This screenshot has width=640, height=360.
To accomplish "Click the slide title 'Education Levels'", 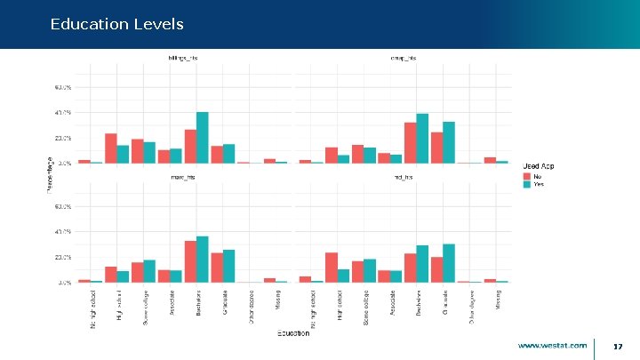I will click(117, 24).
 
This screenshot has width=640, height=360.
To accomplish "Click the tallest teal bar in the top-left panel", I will click(203, 138).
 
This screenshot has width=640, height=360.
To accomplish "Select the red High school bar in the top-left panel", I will click(111, 148).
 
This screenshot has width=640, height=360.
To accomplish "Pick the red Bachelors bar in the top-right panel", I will click(410, 143).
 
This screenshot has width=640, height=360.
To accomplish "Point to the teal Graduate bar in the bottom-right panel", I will click(449, 263).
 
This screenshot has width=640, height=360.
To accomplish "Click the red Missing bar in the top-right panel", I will click(490, 160).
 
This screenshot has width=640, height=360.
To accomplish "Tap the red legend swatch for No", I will click(526, 176).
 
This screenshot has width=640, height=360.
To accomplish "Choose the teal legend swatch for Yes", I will click(526, 184).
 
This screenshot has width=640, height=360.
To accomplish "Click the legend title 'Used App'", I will click(539, 166).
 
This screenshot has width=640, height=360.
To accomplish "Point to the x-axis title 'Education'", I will click(292, 332).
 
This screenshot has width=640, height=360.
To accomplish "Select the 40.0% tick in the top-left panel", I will click(64, 113).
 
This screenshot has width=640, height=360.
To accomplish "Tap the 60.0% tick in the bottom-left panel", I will click(64, 206).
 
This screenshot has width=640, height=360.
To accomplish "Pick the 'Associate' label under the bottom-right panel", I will click(392, 301).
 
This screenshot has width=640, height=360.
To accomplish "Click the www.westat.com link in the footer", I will click(552, 345).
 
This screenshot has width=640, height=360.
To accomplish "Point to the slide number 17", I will click(617, 346).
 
